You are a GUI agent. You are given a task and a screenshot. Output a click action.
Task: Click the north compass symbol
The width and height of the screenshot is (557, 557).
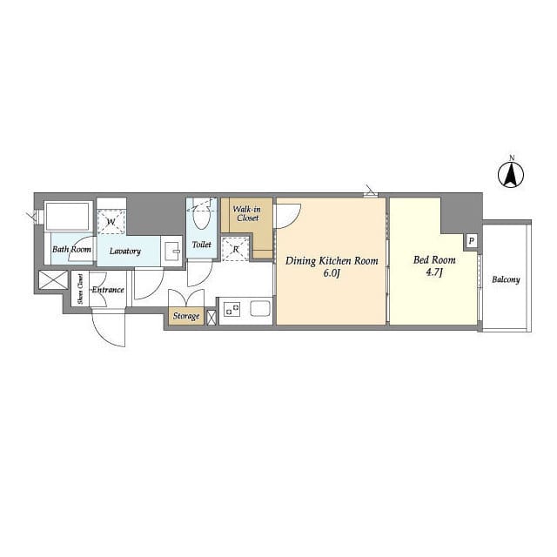511,175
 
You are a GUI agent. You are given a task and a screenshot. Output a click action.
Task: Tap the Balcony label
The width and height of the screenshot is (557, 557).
506,280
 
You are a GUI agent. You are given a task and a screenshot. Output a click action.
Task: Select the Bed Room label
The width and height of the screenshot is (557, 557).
434,260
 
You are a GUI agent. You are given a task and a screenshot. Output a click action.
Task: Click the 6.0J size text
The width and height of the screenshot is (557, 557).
332,273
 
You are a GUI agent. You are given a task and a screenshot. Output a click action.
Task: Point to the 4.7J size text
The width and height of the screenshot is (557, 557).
433,272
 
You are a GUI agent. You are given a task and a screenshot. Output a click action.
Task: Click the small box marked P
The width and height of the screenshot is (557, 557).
472,242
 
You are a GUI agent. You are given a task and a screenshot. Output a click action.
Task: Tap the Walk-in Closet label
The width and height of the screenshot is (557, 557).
247,213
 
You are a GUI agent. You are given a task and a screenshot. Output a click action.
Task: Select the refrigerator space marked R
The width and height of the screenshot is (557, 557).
236,249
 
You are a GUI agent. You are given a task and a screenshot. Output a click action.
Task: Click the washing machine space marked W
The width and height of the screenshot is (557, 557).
111,223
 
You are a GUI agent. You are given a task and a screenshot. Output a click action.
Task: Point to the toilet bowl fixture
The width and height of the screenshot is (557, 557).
201,218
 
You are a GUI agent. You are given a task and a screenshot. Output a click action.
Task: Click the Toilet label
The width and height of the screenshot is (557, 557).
201,245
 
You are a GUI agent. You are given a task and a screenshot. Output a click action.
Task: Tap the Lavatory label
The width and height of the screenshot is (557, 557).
125,252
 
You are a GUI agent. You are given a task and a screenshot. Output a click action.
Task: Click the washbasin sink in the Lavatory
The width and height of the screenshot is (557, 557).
173,252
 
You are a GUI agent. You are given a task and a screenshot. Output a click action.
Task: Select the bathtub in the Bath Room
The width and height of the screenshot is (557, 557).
68,217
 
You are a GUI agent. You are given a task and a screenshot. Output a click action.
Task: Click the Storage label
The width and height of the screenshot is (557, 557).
186,316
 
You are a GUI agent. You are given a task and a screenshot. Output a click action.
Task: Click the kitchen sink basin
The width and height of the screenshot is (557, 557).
260,308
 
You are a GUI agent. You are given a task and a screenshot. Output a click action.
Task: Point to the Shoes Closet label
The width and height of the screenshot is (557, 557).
81,289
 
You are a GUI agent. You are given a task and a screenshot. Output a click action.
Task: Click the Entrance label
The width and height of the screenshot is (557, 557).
108,290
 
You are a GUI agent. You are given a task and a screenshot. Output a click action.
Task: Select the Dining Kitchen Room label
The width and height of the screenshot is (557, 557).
332,261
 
